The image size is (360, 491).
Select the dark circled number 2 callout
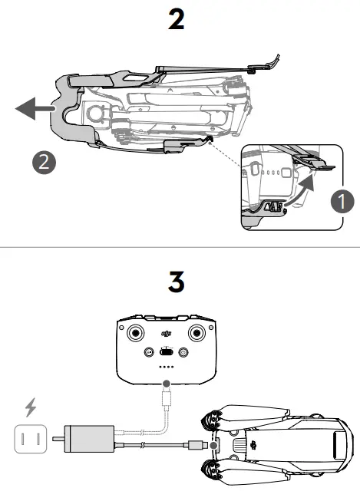coord(43,162)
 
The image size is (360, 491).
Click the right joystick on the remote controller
coord(197,334)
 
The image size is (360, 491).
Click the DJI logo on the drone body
coord(253,444)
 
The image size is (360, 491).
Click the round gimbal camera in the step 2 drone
coord(98,112)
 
